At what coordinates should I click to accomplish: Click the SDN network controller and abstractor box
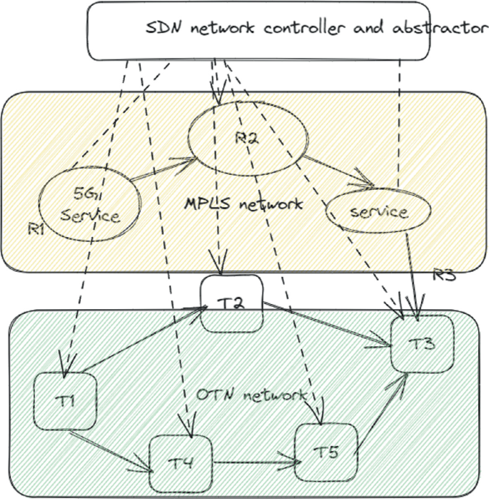tap(257, 30)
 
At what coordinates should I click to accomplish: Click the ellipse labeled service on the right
tap(378, 212)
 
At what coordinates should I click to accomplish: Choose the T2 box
tap(232, 303)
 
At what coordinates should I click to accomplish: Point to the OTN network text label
tap(251, 395)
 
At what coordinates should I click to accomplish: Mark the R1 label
tap(37, 228)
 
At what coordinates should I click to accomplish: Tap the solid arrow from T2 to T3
tap(328, 325)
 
